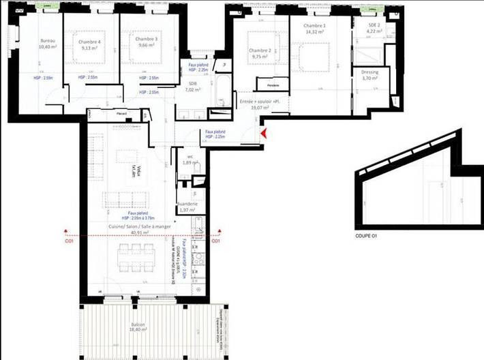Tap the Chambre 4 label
tap(91, 41)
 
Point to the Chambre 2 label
tap(260, 51)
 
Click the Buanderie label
tap(187, 204)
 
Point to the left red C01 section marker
tap(67, 241)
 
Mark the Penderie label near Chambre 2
tap(273, 86)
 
